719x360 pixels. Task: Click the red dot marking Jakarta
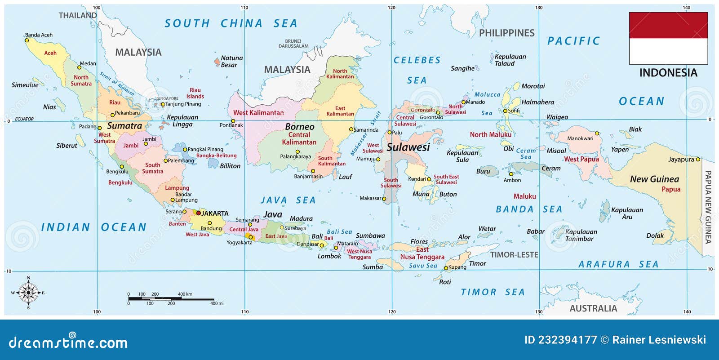point(198,213)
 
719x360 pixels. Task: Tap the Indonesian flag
point(668,38)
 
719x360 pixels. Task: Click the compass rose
point(28,293)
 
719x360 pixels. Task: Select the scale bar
point(171,299)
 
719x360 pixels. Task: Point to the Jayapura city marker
point(698,160)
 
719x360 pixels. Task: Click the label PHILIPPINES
point(506,33)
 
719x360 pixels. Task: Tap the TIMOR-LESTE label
point(514,255)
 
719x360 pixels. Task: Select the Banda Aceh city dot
point(27,40)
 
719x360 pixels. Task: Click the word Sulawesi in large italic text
point(408,147)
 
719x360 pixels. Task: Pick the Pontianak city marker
point(233,121)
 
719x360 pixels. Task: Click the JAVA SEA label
point(288,200)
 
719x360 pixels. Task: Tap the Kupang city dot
point(446,268)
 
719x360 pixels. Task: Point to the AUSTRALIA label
point(593,308)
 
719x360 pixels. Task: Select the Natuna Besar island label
point(231,62)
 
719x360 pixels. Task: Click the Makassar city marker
point(384,198)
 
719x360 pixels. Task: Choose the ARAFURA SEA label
point(618,265)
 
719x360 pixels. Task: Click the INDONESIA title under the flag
point(668,73)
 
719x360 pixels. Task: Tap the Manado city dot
point(463,102)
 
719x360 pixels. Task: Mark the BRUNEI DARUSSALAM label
point(293,44)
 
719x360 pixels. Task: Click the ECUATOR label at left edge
point(24,119)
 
